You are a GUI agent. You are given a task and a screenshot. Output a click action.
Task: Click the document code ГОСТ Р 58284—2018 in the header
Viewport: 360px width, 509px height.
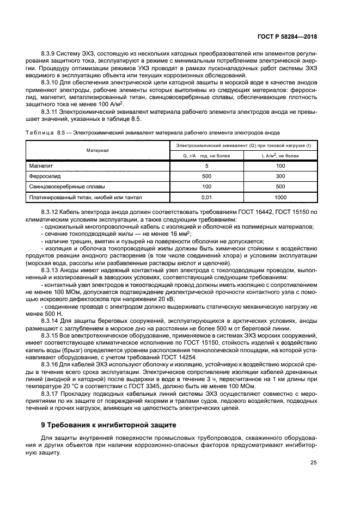tap(287, 36)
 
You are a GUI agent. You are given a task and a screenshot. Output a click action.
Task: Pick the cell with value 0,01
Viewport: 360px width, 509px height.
tap(206, 198)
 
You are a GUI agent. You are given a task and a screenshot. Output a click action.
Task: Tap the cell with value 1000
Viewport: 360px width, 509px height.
tap(280, 198)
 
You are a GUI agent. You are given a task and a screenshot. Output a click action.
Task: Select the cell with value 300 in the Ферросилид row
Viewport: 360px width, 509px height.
tap(280, 176)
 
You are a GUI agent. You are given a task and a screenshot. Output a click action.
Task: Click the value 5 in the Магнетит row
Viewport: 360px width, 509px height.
tap(206, 165)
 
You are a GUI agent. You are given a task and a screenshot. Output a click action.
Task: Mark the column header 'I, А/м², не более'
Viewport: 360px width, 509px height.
tap(280, 156)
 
